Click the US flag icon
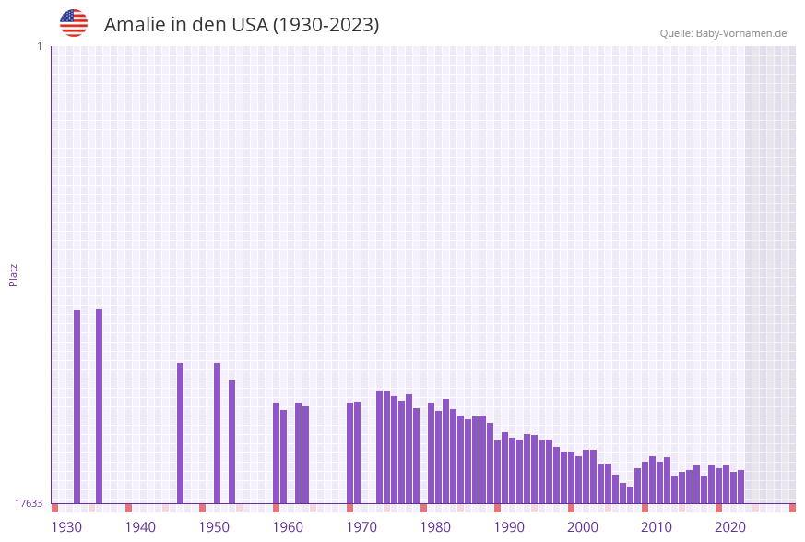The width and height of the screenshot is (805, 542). click(74, 23)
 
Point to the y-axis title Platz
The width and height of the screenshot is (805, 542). click(14, 274)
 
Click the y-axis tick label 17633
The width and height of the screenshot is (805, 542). click(29, 503)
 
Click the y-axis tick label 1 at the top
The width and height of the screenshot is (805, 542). click(39, 46)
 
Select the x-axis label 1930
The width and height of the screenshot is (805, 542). click(66, 527)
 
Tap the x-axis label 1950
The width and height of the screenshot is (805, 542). click(214, 527)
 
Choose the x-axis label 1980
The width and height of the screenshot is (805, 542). click(435, 527)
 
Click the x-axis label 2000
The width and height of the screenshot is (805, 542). click(583, 527)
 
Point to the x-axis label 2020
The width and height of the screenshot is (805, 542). click(730, 527)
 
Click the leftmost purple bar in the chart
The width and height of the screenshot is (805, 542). click(77, 406)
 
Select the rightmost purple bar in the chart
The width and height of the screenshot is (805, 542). click(740, 487)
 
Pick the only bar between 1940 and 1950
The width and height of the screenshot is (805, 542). click(181, 433)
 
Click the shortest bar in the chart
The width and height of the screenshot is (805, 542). click(630, 495)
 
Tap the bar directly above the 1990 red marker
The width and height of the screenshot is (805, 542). click(497, 472)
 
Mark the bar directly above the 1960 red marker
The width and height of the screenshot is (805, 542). click(276, 452)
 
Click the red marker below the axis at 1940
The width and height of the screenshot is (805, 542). click(128, 508)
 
